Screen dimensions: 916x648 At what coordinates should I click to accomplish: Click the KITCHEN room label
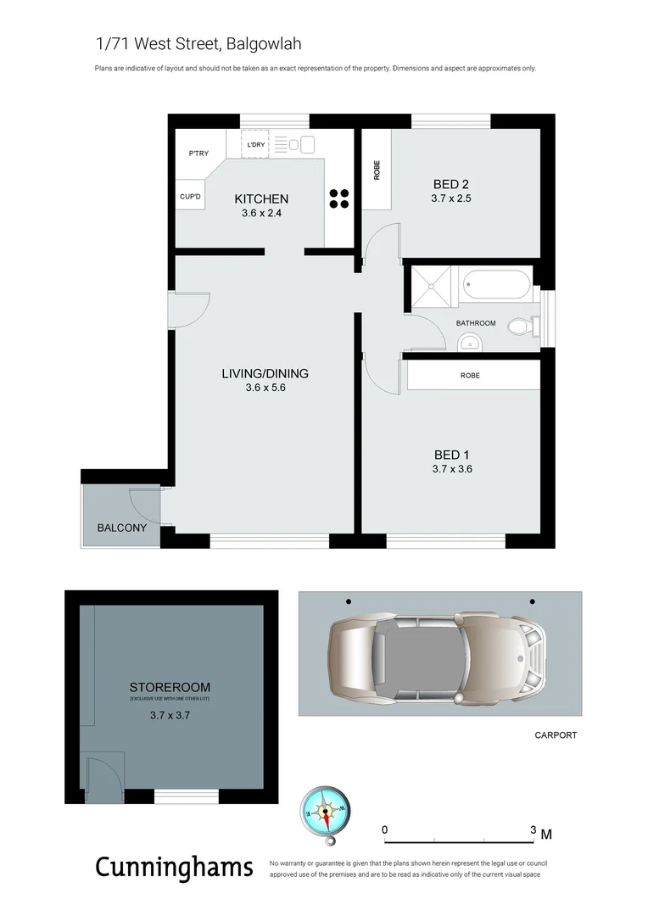261,199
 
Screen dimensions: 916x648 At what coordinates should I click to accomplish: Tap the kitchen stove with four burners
339,198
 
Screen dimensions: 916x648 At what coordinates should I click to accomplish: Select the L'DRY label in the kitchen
255,145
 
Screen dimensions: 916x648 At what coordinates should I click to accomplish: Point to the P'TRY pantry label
198,154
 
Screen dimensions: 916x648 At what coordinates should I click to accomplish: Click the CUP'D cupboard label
191,197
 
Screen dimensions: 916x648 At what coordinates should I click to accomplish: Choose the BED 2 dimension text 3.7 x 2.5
450,199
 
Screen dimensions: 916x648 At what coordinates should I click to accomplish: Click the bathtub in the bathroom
495,283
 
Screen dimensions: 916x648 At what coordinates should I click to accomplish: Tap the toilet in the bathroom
520,326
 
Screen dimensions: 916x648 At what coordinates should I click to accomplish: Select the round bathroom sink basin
469,342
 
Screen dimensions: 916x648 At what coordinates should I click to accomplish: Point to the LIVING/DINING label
265,373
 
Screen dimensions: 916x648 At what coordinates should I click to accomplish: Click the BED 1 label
451,455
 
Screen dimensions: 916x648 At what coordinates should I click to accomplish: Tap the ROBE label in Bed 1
470,375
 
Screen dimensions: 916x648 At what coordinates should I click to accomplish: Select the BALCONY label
121,528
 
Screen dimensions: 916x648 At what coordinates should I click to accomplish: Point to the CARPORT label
556,735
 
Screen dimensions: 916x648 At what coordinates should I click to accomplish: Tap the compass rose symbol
323,813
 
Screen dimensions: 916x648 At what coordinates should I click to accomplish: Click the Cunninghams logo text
174,868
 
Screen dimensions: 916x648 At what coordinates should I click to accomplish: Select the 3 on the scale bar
533,829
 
